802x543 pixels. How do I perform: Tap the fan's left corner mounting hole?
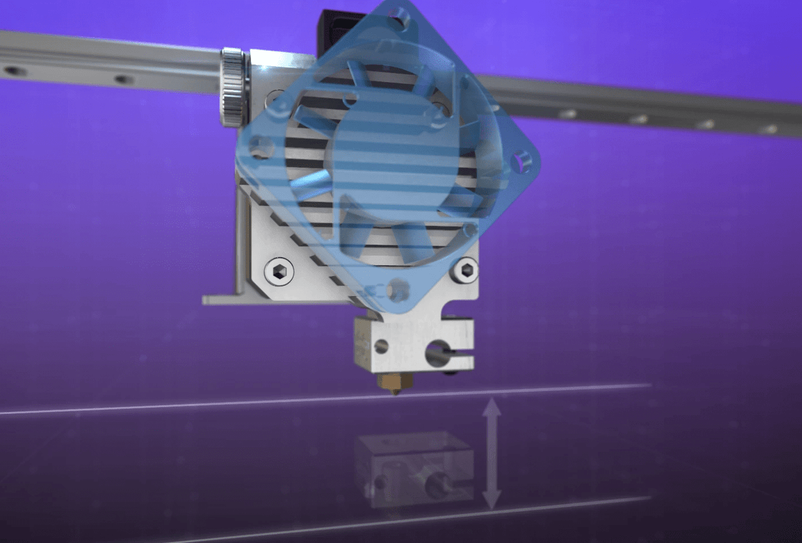[260, 148]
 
